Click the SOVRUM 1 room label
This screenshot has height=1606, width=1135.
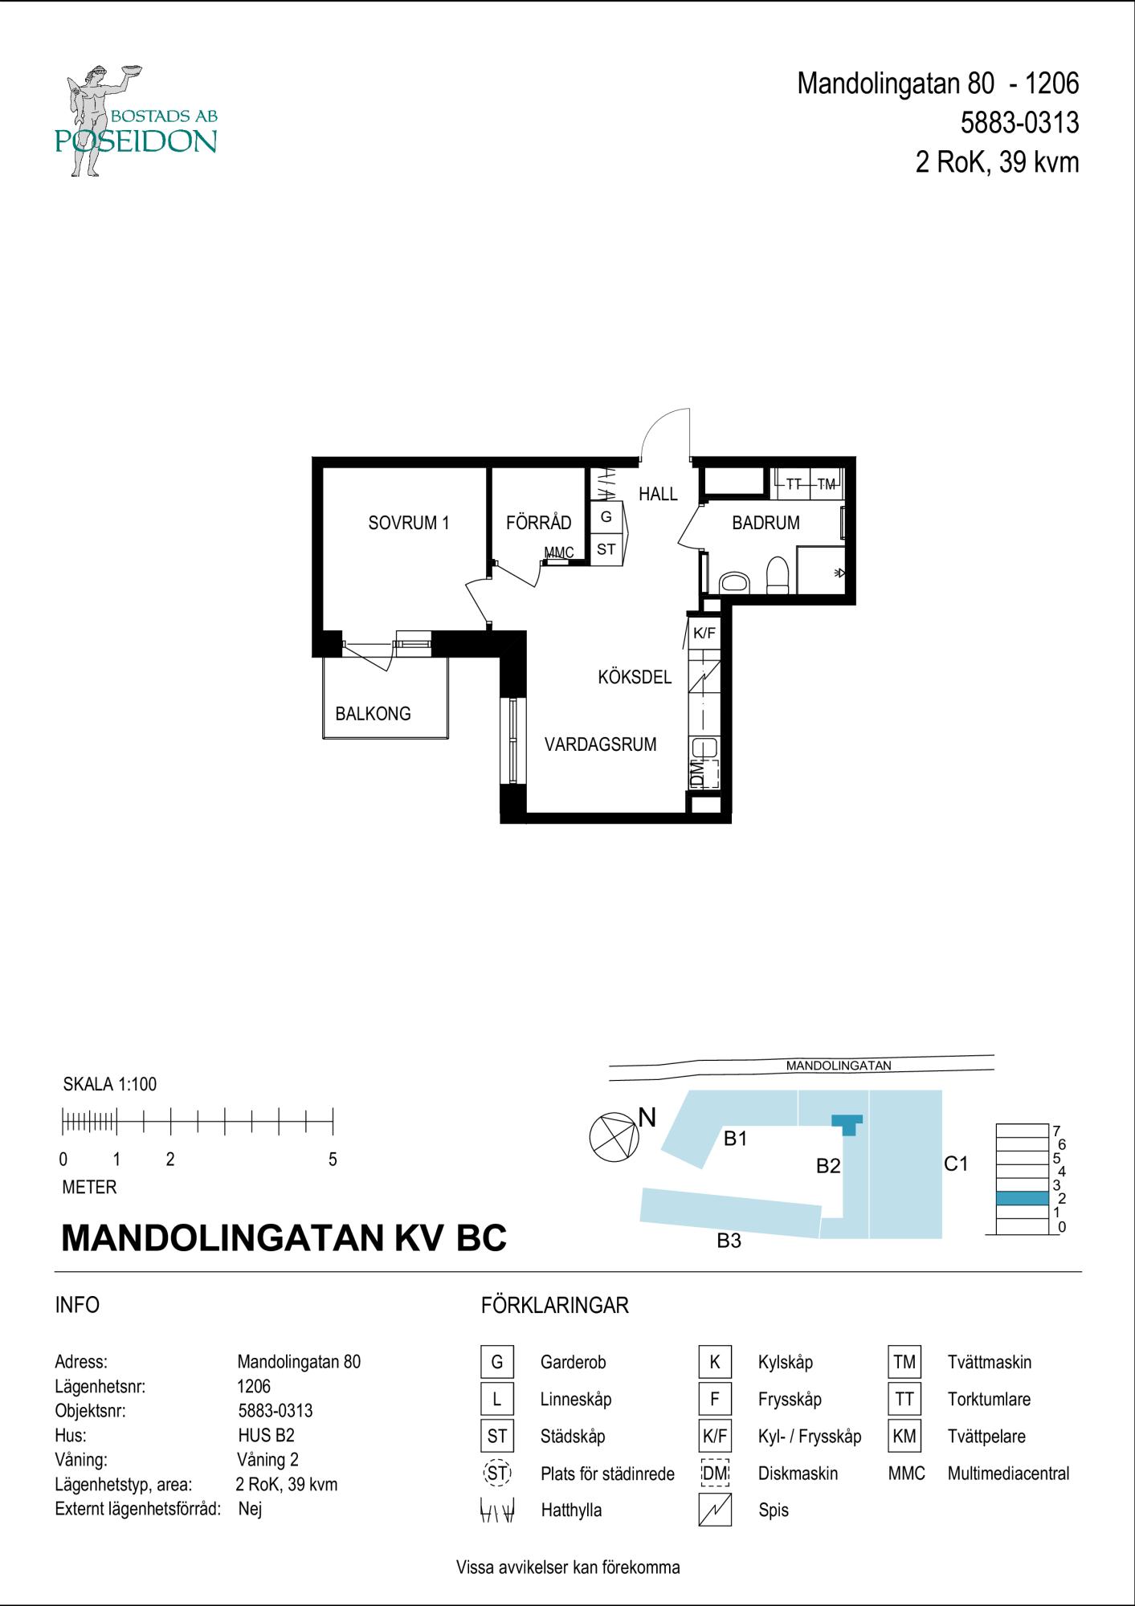point(408,523)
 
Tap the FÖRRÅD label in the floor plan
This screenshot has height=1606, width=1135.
point(538,523)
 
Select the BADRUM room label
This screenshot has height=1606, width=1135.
point(766,523)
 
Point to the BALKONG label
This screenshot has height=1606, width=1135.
point(373,713)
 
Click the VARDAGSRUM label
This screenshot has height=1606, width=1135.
point(600,744)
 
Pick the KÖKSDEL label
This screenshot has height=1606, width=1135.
point(635,677)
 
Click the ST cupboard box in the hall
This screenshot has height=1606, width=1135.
point(606,549)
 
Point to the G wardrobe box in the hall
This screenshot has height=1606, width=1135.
point(606,517)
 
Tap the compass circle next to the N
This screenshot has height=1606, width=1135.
point(614,1137)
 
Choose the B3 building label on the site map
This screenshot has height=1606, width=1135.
point(729,1241)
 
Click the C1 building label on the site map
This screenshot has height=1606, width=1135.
point(956,1163)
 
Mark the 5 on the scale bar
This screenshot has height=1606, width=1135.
point(333,1160)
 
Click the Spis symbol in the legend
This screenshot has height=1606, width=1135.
point(715,1510)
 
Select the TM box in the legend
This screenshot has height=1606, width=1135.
point(904,1362)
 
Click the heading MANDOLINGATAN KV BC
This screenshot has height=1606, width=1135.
point(284,1237)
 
